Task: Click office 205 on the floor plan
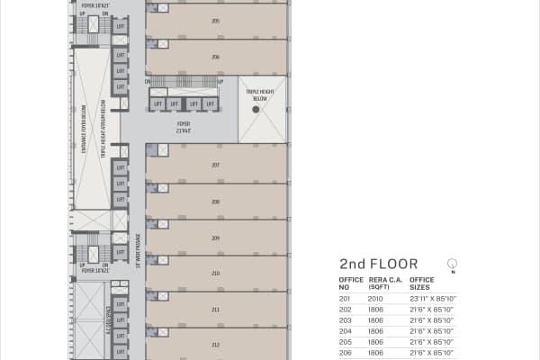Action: coord(216,20)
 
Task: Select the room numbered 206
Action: coord(216,57)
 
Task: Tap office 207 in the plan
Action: coord(216,165)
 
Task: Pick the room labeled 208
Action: coord(216,202)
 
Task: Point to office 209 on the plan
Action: coord(216,238)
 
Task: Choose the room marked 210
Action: coord(216,273)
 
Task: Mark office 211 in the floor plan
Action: coord(216,309)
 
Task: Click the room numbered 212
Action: coord(216,344)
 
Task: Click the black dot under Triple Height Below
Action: coord(256,109)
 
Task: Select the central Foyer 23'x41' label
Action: coord(184,127)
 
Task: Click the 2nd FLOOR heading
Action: coord(378,265)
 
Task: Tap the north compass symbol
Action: coord(452,264)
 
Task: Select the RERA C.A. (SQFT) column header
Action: coord(378,283)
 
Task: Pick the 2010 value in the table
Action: coord(374,298)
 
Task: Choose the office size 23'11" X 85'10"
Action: coord(432,298)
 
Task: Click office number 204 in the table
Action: coord(345,331)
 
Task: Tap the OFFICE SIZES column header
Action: coord(422,283)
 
